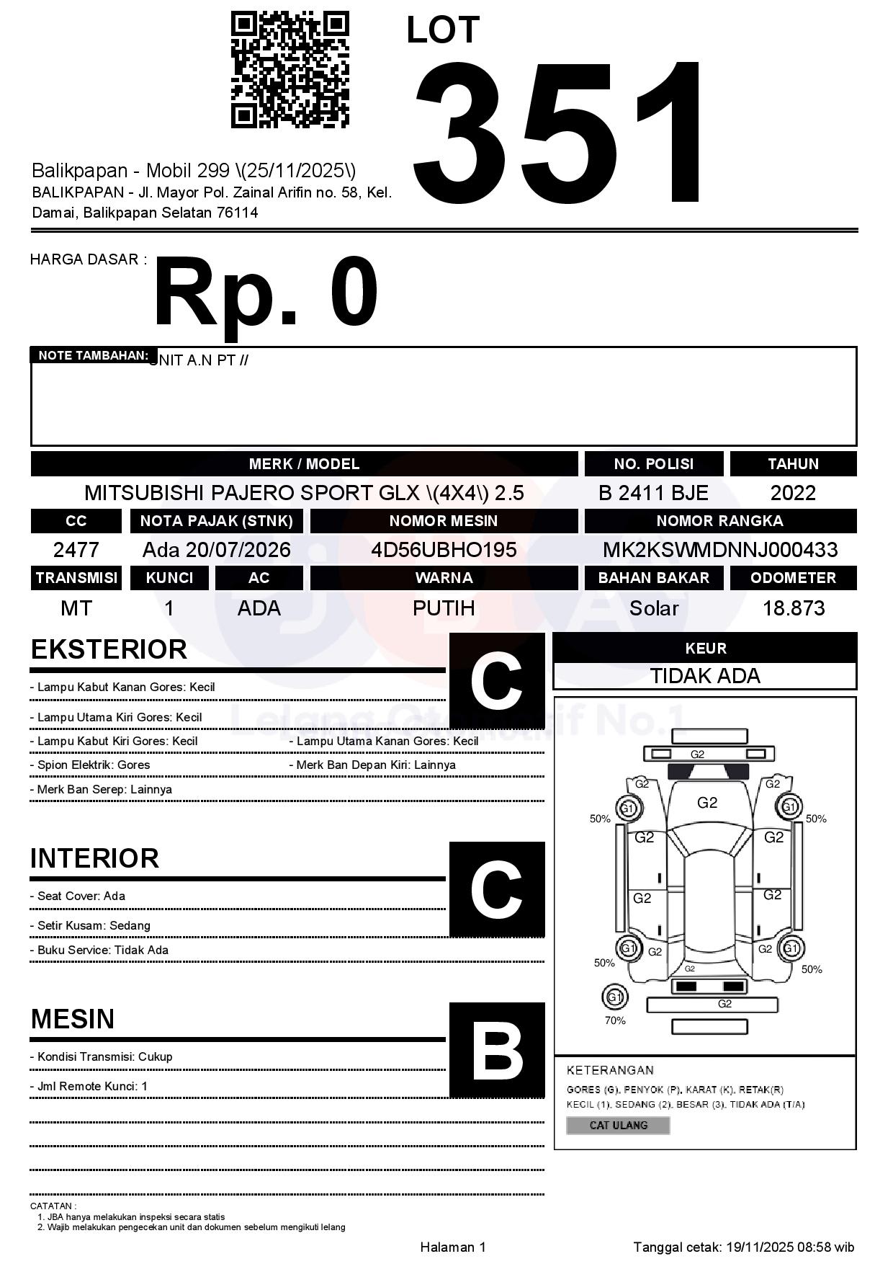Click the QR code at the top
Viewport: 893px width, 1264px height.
click(x=290, y=70)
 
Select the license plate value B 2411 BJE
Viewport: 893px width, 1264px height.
click(x=653, y=493)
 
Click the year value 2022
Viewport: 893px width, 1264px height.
click(x=793, y=493)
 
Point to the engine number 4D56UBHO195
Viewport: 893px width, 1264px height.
click(x=444, y=550)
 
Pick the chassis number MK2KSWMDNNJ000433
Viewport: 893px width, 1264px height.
click(x=720, y=550)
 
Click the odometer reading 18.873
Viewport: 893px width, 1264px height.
click(x=794, y=608)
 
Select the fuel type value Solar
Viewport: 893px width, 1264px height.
click(x=654, y=608)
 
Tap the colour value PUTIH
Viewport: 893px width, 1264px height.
click(x=444, y=608)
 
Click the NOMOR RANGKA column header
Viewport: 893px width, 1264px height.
click(x=720, y=520)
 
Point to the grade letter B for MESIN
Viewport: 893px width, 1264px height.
click(x=497, y=1051)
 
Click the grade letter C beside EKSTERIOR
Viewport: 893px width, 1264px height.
click(x=497, y=680)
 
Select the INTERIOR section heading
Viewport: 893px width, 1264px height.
click(x=94, y=858)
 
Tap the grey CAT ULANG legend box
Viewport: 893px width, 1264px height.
click(x=618, y=1125)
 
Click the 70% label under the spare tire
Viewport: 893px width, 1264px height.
click(x=615, y=1020)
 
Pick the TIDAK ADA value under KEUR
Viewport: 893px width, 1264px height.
click(x=705, y=676)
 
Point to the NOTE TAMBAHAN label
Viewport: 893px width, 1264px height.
click(x=93, y=355)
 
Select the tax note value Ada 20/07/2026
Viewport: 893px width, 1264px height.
click(x=216, y=550)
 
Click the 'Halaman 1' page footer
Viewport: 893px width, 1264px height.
click(x=453, y=1247)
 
